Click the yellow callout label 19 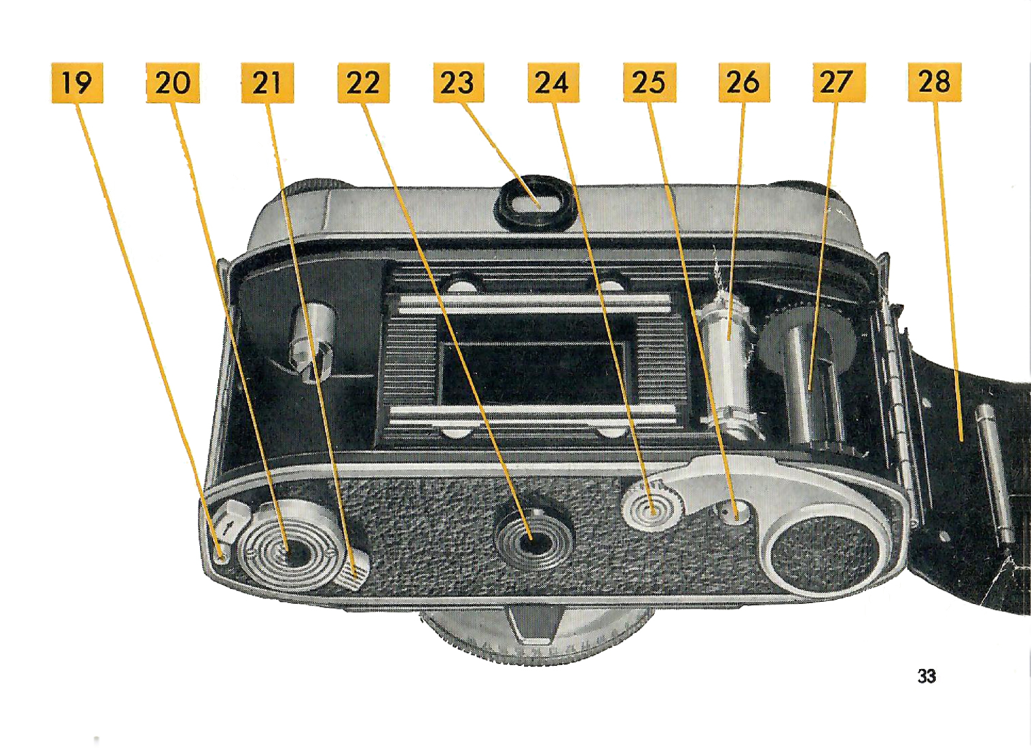click(x=77, y=83)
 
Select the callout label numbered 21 click(x=267, y=83)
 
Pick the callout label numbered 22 click(x=363, y=83)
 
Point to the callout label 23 click(x=459, y=83)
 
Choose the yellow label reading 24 click(x=553, y=83)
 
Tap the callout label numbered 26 click(x=744, y=83)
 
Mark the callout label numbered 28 click(x=935, y=83)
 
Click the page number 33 click(x=927, y=689)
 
